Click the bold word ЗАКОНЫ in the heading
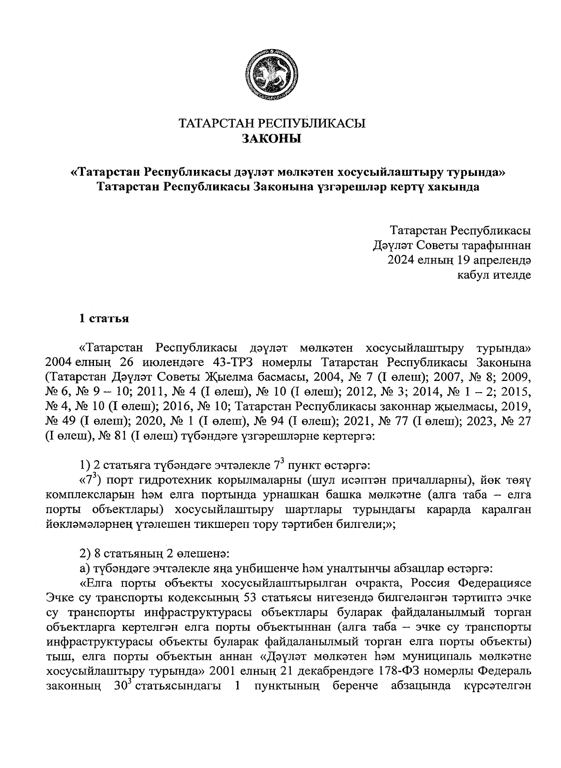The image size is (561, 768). point(271,139)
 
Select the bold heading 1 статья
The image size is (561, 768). point(103,319)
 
